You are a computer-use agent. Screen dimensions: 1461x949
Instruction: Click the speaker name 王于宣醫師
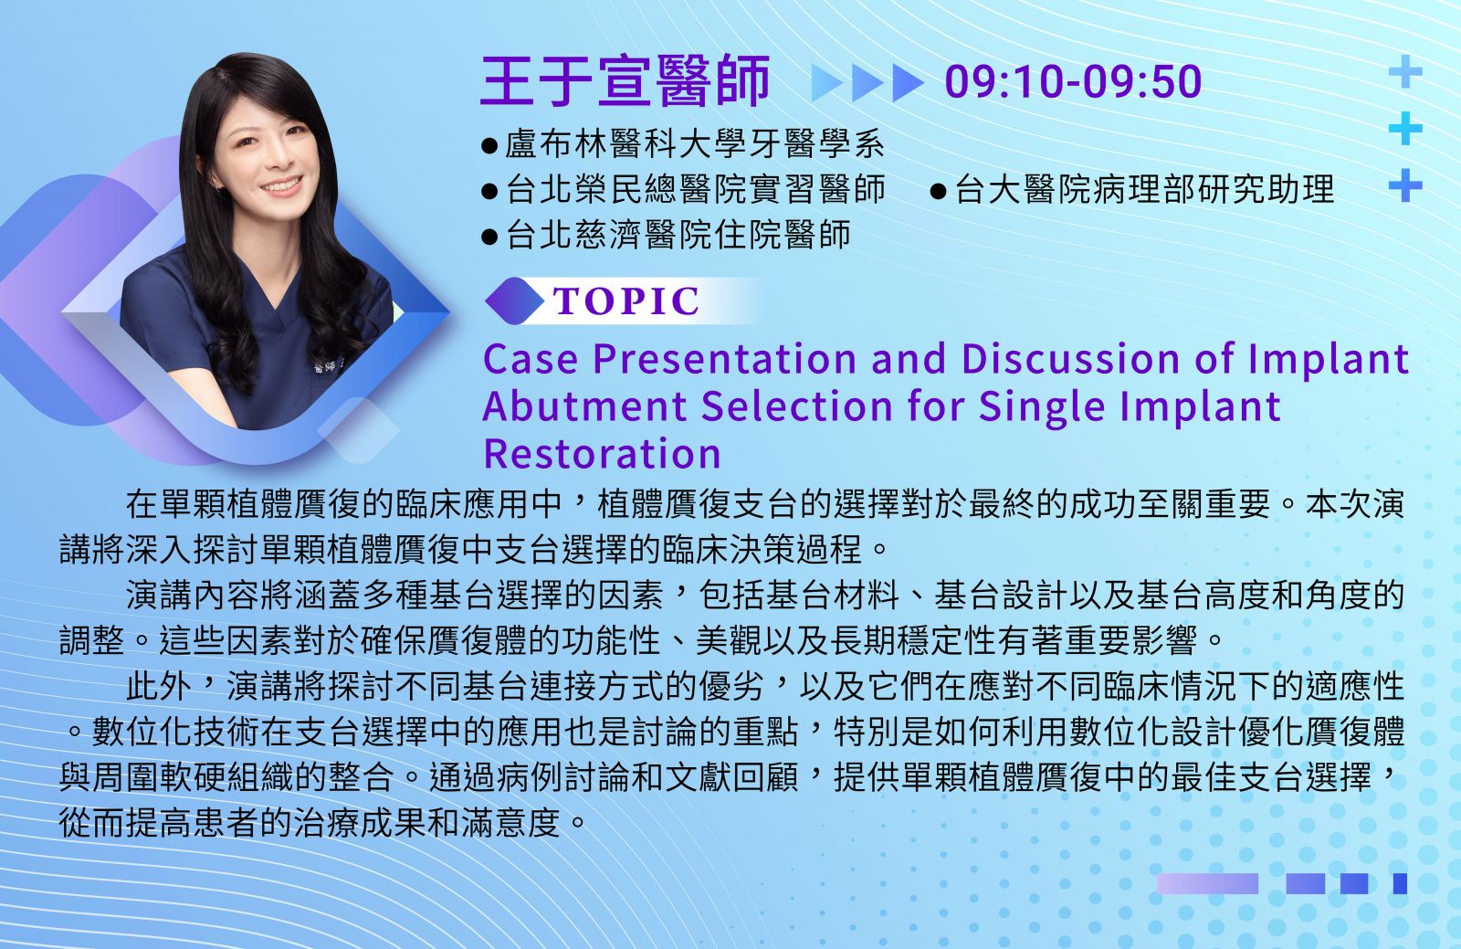[625, 81]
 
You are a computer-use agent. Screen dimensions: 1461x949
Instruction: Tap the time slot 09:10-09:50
[1073, 81]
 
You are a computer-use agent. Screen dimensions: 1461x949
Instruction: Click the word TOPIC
[626, 301]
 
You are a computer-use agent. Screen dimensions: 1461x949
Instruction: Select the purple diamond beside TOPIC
[515, 301]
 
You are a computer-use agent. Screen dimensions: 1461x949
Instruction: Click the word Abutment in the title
[584, 406]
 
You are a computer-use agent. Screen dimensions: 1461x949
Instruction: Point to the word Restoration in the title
[602, 453]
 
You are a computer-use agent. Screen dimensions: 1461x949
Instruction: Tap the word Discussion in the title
[1070, 359]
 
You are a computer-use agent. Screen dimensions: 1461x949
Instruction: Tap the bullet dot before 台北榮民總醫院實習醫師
[489, 191]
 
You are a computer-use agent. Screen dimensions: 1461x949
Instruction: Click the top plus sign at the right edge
[1405, 71]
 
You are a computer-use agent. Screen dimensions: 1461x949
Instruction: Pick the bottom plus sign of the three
[1405, 185]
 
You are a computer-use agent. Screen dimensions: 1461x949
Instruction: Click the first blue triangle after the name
[826, 83]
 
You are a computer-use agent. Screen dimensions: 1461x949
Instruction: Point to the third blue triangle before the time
[908, 83]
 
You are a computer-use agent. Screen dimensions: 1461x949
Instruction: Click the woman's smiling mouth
[282, 186]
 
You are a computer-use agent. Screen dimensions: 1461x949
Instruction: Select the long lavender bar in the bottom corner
[1207, 884]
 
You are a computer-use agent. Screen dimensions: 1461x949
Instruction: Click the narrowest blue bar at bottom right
[1400, 884]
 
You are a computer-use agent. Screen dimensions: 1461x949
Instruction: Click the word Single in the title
[1042, 407]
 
